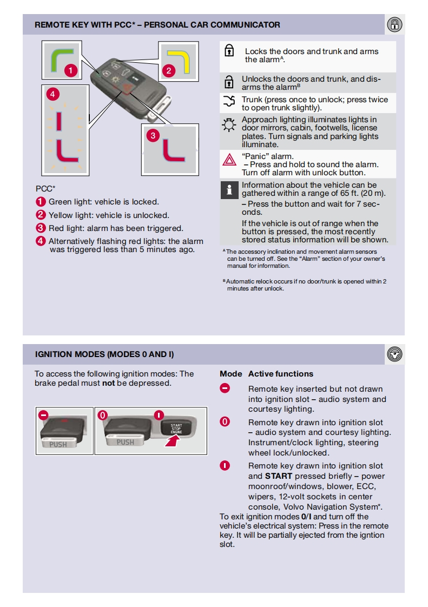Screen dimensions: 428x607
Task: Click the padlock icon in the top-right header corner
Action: (x=394, y=25)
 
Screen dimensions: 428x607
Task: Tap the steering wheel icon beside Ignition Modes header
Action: (x=394, y=354)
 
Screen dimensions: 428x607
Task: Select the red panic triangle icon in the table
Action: (x=229, y=160)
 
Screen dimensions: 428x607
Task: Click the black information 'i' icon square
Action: (x=229, y=190)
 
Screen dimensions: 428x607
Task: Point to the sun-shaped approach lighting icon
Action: (x=229, y=125)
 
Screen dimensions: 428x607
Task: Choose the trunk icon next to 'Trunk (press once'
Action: (x=229, y=101)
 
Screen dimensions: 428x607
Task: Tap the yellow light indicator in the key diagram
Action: (x=180, y=60)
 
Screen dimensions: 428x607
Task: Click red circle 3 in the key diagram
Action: (x=153, y=135)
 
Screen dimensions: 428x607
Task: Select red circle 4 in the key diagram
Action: (x=52, y=94)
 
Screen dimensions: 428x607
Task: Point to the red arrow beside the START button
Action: (x=173, y=440)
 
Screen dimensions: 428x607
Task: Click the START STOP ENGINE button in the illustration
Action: (x=176, y=428)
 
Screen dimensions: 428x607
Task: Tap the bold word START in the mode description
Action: (x=279, y=476)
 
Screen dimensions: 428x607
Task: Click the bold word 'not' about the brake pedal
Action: (x=108, y=383)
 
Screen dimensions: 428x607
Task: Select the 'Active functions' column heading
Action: (x=281, y=374)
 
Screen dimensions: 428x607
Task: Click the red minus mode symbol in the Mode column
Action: (x=225, y=388)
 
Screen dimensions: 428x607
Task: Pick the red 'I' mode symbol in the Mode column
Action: (x=225, y=465)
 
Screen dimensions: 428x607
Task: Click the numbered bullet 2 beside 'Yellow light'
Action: (x=41, y=215)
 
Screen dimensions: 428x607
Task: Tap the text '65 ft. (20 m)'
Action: (x=359, y=193)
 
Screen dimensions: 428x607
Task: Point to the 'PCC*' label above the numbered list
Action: (x=45, y=189)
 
